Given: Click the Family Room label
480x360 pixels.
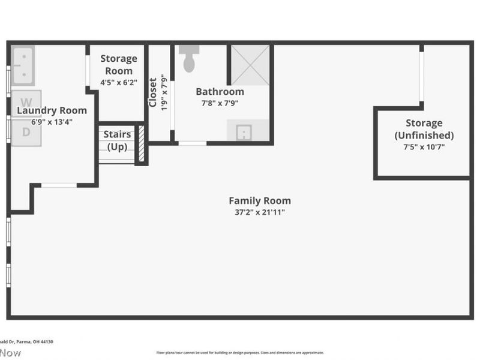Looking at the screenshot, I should point(260,201).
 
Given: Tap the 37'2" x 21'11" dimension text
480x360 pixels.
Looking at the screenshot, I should point(260,212).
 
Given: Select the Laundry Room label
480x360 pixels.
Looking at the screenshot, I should point(52,110).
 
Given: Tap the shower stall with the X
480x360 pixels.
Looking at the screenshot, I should point(250,64).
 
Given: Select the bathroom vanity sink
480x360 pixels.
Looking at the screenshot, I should point(247,131).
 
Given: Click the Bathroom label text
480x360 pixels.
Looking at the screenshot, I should point(220,92).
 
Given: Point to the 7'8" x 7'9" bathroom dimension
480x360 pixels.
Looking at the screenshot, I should point(220,103).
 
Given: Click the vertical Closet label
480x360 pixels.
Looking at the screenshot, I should point(152,92).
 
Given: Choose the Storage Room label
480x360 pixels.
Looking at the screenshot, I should point(118,65).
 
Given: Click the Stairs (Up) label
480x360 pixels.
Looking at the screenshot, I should point(117,140).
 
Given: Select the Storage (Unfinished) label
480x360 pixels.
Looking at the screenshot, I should point(424,129).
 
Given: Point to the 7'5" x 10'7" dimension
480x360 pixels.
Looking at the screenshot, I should point(424,146).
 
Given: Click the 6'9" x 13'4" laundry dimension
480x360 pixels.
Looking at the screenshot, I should point(52,122).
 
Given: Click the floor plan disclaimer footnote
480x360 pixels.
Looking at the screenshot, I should point(240,353).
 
